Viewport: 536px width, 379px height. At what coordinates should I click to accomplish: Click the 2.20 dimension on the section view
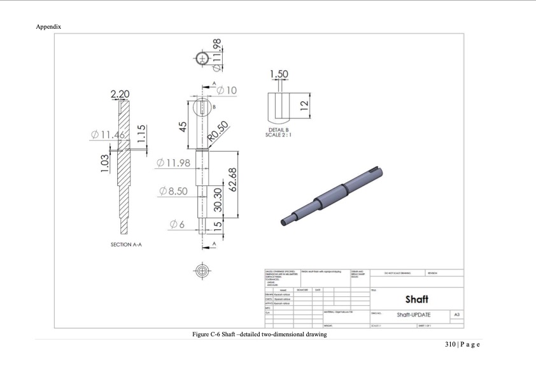pos(120,95)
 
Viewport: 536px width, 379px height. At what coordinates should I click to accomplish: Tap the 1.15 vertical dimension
pos(143,134)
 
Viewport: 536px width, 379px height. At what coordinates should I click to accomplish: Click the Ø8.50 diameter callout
pos(173,190)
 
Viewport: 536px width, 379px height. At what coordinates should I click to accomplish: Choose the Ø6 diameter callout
pos(177,224)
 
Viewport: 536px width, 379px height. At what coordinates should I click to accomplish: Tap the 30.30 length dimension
pos(218,200)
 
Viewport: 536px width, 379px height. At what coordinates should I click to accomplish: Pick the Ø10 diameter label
pos(227,90)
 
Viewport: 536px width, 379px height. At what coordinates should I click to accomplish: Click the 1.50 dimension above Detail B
pos(279,75)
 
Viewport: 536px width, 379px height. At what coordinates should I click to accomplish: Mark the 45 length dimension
pos(183,125)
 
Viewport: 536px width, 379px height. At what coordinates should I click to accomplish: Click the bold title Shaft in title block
pos(416,299)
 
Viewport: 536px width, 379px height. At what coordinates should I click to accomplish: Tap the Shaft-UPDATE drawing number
pos(414,315)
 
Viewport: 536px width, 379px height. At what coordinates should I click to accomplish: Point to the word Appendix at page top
pos(48,27)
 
